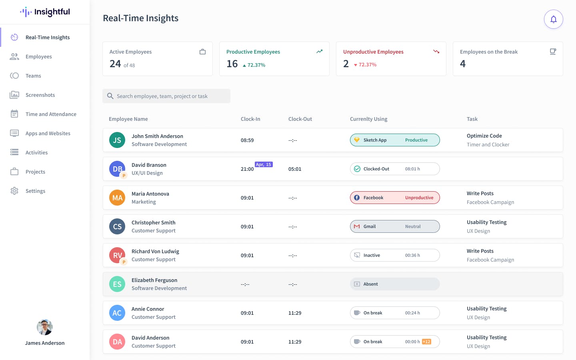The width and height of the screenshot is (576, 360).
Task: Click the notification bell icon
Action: (553, 19)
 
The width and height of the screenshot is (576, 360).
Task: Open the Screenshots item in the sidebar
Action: (40, 95)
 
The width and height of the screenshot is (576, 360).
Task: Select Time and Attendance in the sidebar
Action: (51, 114)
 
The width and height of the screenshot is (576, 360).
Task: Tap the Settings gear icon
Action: (14, 191)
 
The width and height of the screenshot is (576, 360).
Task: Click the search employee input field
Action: (166, 96)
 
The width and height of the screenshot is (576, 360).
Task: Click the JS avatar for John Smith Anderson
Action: (117, 140)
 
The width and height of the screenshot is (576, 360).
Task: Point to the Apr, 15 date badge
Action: (264, 164)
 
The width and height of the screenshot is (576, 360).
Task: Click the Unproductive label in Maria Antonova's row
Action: (419, 198)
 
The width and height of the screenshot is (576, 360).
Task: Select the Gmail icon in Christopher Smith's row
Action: (357, 226)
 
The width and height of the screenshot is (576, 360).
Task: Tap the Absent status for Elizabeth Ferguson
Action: (370, 284)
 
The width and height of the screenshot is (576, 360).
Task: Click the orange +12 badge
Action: (426, 342)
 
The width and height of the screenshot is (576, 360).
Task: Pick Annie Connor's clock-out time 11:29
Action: (295, 313)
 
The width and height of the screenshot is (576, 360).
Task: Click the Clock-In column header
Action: (250, 119)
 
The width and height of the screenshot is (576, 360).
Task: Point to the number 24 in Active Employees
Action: (115, 64)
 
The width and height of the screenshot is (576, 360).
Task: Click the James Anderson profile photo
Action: (45, 327)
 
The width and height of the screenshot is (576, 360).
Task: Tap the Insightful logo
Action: (45, 12)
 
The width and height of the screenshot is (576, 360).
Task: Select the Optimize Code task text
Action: (484, 136)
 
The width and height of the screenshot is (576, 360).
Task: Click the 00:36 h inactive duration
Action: (412, 255)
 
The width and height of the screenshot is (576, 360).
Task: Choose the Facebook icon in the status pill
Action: (357, 198)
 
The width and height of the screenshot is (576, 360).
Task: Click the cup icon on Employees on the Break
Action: (553, 52)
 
